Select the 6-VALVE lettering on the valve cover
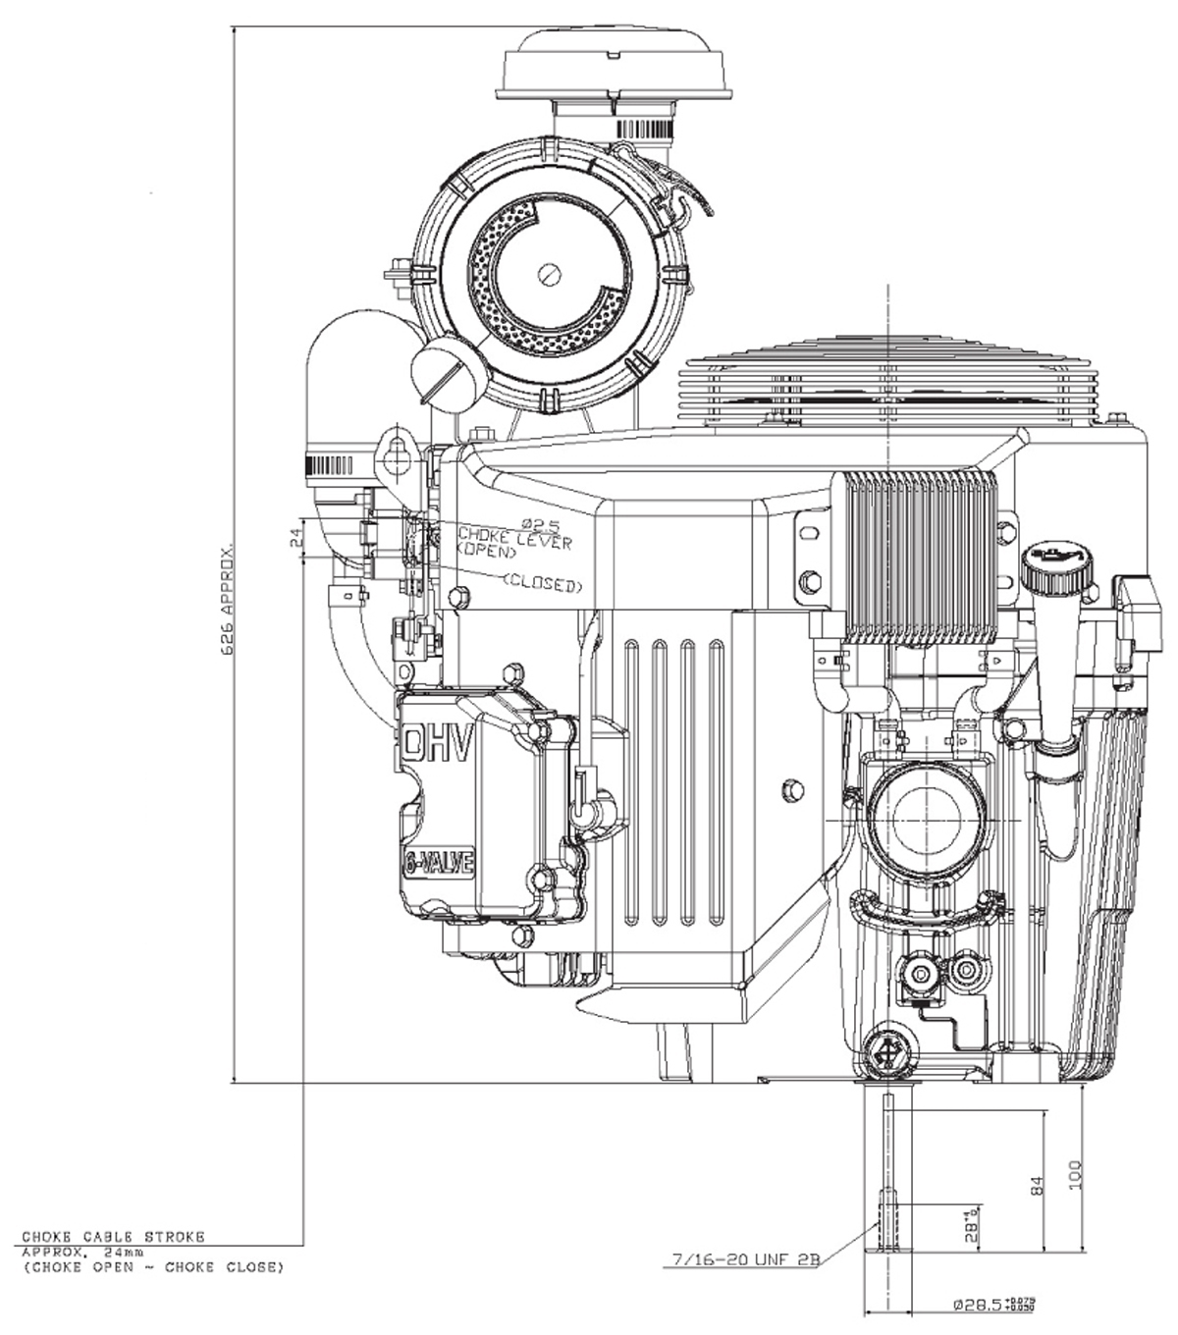tap(439, 865)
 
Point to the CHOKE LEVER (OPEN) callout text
tap(512, 543)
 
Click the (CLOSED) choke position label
tap(542, 585)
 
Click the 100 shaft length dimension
tap(1075, 1174)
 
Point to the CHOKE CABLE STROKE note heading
tap(114, 1239)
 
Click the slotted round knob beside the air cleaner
tap(448, 375)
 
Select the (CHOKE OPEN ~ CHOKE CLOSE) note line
tap(151, 1267)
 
